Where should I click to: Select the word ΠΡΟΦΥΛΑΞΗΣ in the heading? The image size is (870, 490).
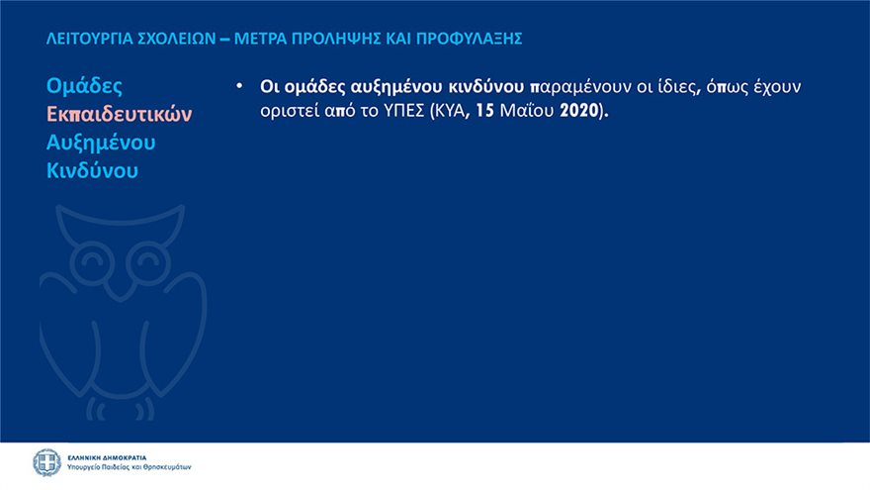tap(469, 39)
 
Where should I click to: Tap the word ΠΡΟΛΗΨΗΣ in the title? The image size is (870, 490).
tap(336, 39)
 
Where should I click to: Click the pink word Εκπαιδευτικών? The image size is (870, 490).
tap(120, 114)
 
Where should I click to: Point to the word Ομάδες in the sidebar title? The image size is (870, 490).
tap(84, 86)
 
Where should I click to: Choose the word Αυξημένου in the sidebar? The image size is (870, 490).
tap(101, 143)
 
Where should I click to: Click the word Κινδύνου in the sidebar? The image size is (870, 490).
tap(92, 170)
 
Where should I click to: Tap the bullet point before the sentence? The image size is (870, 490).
tap(239, 86)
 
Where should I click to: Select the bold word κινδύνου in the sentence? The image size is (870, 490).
tap(485, 87)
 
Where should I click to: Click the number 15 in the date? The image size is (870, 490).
tap(484, 111)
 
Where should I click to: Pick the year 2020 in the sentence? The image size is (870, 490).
tap(579, 111)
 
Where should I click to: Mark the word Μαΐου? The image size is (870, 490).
tap(527, 111)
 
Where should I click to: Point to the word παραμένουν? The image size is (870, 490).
tap(580, 87)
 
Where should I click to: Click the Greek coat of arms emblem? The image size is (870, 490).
tap(47, 463)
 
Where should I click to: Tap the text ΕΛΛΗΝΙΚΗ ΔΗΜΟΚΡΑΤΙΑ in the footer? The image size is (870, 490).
tap(107, 457)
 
